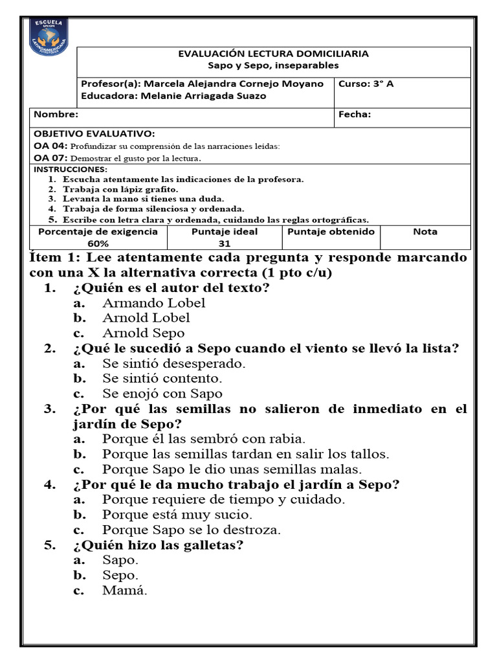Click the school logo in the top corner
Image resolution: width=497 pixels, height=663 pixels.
click(x=49, y=39)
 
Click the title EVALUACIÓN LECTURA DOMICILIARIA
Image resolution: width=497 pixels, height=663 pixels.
click(x=273, y=54)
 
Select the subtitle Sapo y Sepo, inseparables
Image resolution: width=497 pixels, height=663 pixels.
click(x=273, y=65)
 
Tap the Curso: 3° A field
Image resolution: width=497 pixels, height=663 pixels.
click(x=366, y=84)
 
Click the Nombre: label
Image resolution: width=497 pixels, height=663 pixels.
click(x=56, y=115)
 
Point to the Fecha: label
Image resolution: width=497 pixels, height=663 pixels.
click(x=355, y=115)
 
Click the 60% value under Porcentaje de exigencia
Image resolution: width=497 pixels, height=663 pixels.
click(x=98, y=243)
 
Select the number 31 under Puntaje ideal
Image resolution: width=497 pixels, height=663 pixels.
click(x=225, y=243)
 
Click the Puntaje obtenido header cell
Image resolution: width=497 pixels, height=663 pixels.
click(x=331, y=231)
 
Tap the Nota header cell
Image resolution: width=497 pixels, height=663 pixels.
click(x=425, y=231)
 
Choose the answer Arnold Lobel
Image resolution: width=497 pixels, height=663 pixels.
click(x=146, y=318)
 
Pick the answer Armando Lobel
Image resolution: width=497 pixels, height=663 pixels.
click(x=153, y=303)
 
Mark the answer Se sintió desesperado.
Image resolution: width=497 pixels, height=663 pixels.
click(x=173, y=364)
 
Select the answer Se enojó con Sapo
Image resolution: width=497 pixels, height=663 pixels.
click(x=162, y=394)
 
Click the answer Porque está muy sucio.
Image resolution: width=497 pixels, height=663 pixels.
click(x=177, y=515)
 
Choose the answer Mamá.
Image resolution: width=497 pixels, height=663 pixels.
click(x=124, y=590)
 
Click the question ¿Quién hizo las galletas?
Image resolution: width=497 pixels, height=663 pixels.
click(x=158, y=545)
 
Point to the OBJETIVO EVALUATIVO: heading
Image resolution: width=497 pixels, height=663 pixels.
click(x=94, y=134)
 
